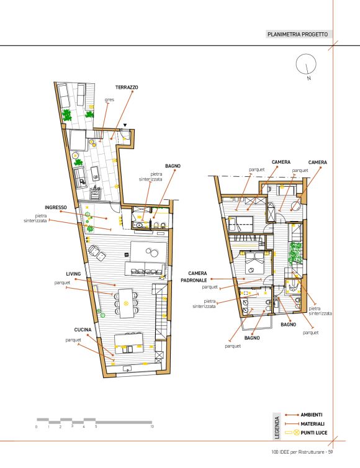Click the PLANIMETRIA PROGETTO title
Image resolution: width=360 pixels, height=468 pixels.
297,34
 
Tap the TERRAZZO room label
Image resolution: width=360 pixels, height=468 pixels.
127,88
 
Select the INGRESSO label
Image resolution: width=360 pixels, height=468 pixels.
56,207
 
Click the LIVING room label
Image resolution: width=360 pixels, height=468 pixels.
73,274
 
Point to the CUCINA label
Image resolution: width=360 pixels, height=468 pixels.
83,330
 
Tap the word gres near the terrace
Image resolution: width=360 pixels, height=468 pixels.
110,100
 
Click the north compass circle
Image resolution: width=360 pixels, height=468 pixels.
306,63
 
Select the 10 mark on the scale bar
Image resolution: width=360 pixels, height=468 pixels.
152,426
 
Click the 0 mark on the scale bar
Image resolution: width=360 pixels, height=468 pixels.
37,427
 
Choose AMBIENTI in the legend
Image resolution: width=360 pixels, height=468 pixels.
312,415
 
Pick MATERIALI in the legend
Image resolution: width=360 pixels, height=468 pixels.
313,424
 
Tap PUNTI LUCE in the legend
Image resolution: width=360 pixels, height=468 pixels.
314,433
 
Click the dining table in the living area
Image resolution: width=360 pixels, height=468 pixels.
125,304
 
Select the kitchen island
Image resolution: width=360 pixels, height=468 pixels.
128,344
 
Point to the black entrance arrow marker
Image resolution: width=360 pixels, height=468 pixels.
125,125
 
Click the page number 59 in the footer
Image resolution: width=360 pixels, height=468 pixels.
330,452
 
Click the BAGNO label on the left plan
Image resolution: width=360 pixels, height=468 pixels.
173,166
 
